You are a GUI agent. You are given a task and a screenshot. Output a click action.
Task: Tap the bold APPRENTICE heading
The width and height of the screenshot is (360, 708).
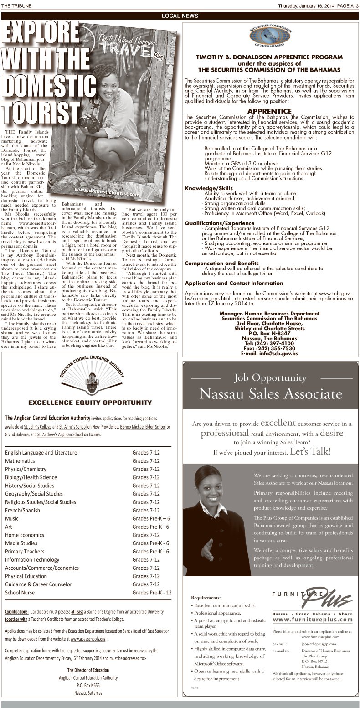tap(269, 111)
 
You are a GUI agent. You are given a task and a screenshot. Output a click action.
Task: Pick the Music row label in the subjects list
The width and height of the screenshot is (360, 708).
tap(12, 518)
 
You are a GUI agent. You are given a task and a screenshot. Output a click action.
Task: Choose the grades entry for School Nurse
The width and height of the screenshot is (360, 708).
tap(152, 592)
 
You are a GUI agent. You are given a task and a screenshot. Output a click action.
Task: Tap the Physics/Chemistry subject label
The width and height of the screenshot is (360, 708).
tap(26, 469)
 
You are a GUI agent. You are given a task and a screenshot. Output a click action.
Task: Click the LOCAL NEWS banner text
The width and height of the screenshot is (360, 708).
tap(180, 16)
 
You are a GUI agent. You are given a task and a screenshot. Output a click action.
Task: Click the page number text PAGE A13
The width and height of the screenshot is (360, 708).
tap(347, 5)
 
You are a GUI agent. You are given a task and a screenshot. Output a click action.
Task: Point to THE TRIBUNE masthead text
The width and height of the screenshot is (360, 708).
tap(16, 5)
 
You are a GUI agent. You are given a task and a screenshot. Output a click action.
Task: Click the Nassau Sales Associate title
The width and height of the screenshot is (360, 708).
tap(270, 393)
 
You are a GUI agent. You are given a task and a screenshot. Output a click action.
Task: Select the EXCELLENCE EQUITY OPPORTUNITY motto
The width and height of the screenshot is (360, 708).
tap(90, 403)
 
